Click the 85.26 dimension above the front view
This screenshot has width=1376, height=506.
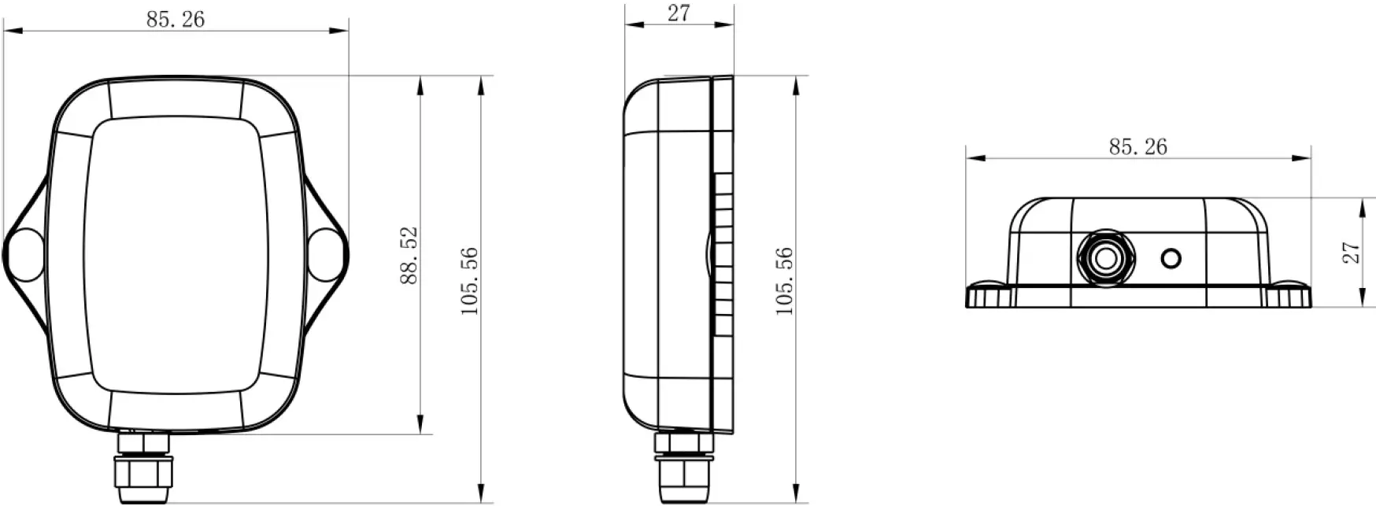(x=175, y=20)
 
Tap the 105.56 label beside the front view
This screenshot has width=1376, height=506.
(x=470, y=281)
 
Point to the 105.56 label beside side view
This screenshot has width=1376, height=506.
(x=784, y=281)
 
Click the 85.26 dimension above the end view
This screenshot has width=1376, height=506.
(x=1137, y=146)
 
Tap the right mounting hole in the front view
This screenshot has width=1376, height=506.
(x=324, y=253)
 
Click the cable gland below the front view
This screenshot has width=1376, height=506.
(x=143, y=469)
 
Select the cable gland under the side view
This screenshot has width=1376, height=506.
(x=685, y=469)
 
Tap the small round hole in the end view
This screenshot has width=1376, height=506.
(x=1171, y=257)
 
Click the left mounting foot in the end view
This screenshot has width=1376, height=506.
(x=989, y=296)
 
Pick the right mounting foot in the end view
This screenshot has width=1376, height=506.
(x=1289, y=296)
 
